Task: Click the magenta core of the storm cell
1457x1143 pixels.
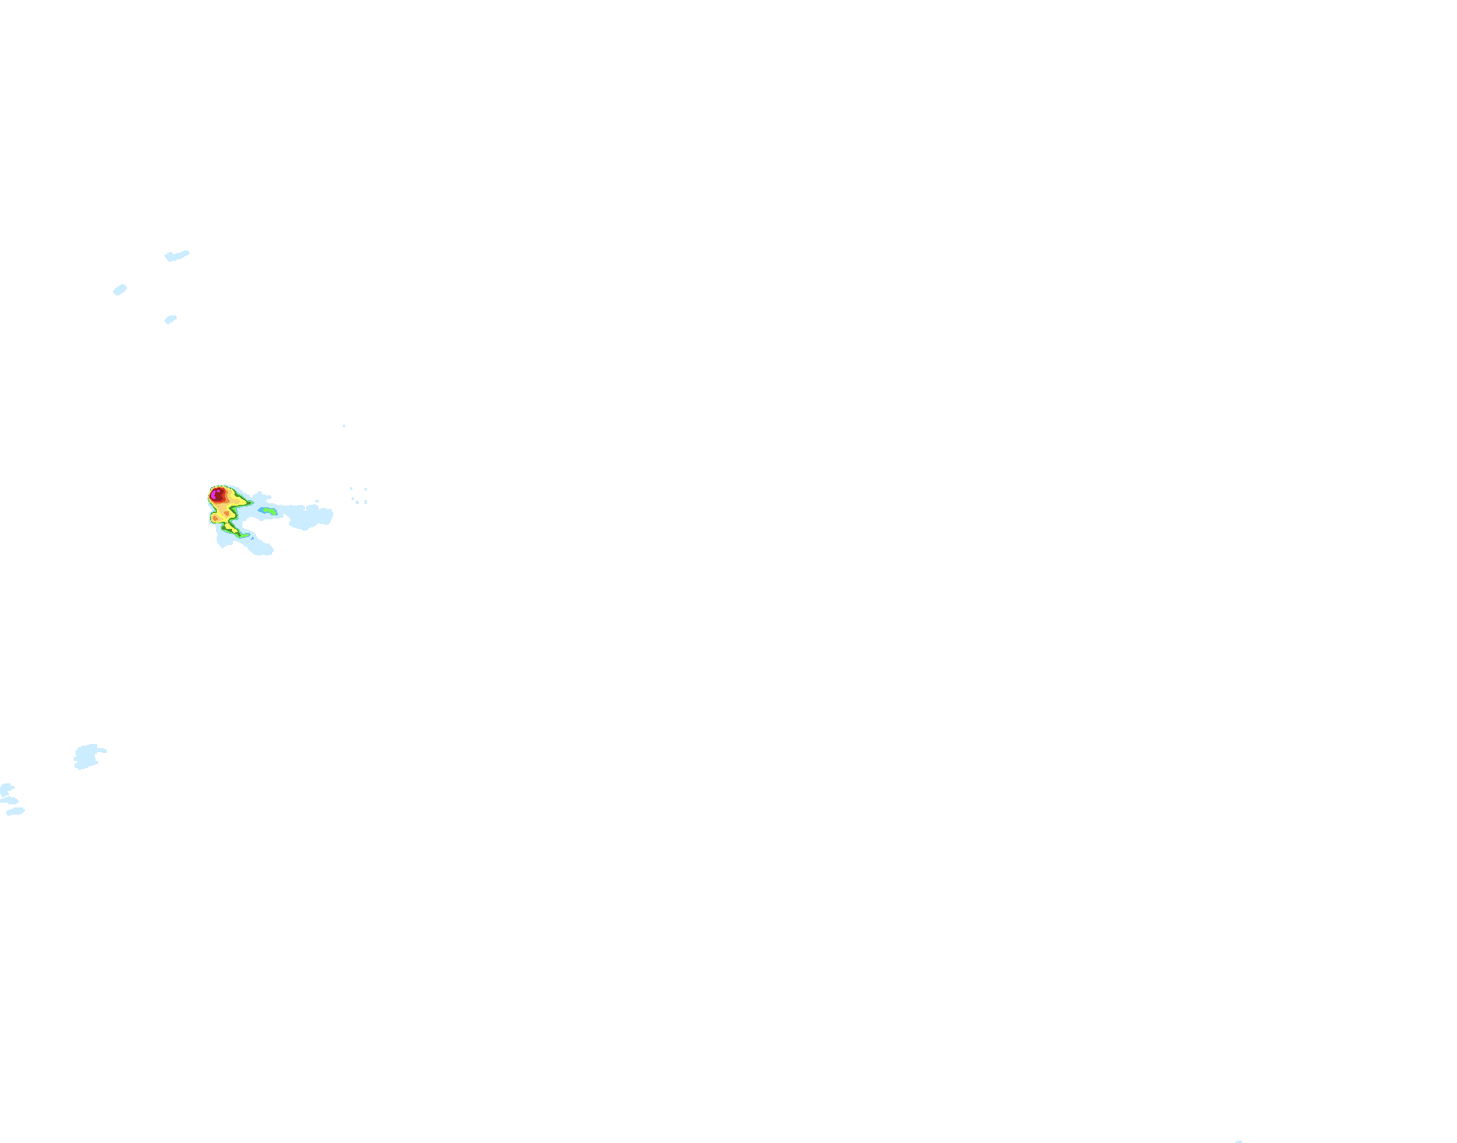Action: pyautogui.click(x=213, y=495)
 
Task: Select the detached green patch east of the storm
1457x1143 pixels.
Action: pyautogui.click(x=269, y=510)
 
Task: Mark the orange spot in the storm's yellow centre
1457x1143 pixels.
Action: pyautogui.click(x=226, y=514)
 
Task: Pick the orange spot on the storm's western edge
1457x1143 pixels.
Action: pyautogui.click(x=215, y=519)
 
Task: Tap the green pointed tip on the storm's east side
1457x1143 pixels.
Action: pyautogui.click(x=250, y=502)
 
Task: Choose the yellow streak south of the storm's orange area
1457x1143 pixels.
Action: pyautogui.click(x=231, y=529)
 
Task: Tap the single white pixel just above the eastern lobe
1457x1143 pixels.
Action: pyautogui.click(x=317, y=501)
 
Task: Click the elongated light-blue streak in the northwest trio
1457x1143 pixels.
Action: pyautogui.click(x=177, y=256)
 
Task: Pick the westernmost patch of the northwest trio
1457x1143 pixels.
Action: pyautogui.click(x=120, y=290)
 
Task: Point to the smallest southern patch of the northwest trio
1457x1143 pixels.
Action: pyautogui.click(x=170, y=319)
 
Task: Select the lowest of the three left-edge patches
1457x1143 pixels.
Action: pyautogui.click(x=15, y=811)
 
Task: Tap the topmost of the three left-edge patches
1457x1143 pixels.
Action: pyautogui.click(x=6, y=789)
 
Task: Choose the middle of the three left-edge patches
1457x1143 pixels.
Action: pyautogui.click(x=10, y=800)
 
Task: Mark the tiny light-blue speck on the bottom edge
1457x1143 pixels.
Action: pyautogui.click(x=1239, y=1141)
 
